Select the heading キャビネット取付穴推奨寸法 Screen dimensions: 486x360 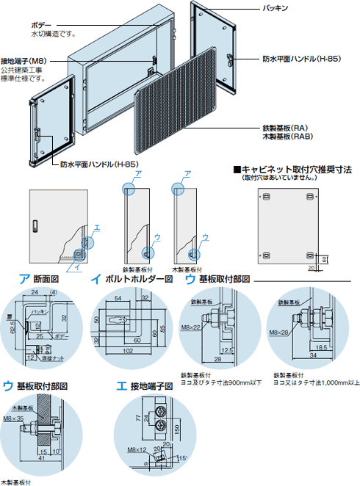[297, 169]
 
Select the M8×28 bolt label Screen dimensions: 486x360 [278, 332]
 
